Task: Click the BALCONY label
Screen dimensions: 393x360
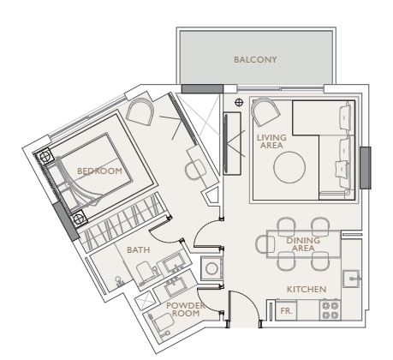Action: pos(255,59)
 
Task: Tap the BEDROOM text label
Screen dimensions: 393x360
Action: pos(99,171)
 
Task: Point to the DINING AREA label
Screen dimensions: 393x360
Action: pos(303,244)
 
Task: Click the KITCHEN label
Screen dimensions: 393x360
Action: pos(307,289)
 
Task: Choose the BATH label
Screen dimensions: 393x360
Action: pos(138,250)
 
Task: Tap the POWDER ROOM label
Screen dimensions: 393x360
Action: pos(186,309)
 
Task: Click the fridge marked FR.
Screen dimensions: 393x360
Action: pos(286,310)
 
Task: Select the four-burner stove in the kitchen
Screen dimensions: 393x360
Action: pos(330,310)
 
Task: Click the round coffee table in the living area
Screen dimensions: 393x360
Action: pos(289,167)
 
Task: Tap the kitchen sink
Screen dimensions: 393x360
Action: pos(352,279)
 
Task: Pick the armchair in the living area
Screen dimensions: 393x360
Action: pos(265,111)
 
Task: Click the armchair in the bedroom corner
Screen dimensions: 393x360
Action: pos(140,111)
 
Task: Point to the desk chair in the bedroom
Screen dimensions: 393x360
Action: pos(195,170)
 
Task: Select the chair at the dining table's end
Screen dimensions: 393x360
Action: pos(265,244)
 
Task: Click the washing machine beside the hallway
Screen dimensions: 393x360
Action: pos(211,268)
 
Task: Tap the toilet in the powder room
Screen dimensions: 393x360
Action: pos(161,323)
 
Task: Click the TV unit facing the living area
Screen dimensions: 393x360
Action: pos(232,143)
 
